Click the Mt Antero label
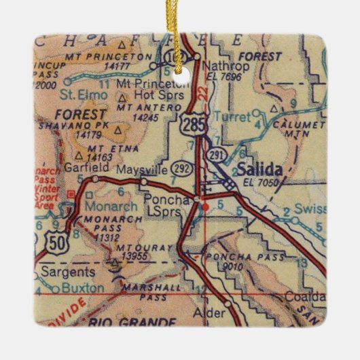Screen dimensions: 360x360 pyautogui.click(x=141, y=107)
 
